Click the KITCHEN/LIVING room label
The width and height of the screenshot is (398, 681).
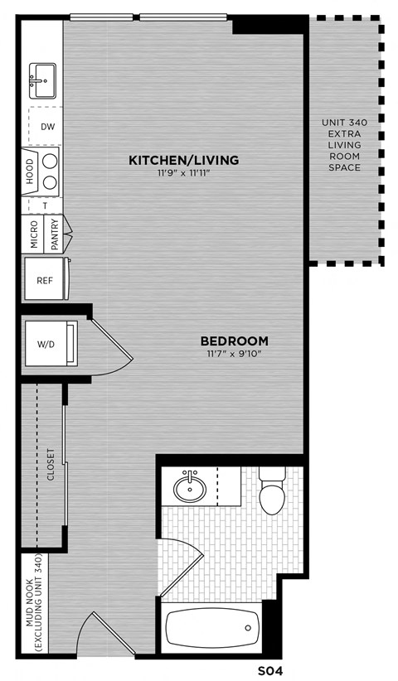[183, 159]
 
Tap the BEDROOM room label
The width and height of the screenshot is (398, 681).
[235, 340]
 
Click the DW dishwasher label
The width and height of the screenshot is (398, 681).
[46, 127]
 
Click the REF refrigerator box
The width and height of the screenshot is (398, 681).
[44, 280]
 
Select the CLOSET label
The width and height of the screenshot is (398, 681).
[51, 465]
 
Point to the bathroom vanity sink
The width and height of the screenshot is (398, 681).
[190, 487]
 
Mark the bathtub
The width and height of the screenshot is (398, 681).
[213, 628]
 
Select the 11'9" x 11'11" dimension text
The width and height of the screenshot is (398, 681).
[183, 173]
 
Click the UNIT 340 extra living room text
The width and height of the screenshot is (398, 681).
[343, 145]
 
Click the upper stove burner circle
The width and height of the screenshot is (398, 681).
[50, 159]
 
